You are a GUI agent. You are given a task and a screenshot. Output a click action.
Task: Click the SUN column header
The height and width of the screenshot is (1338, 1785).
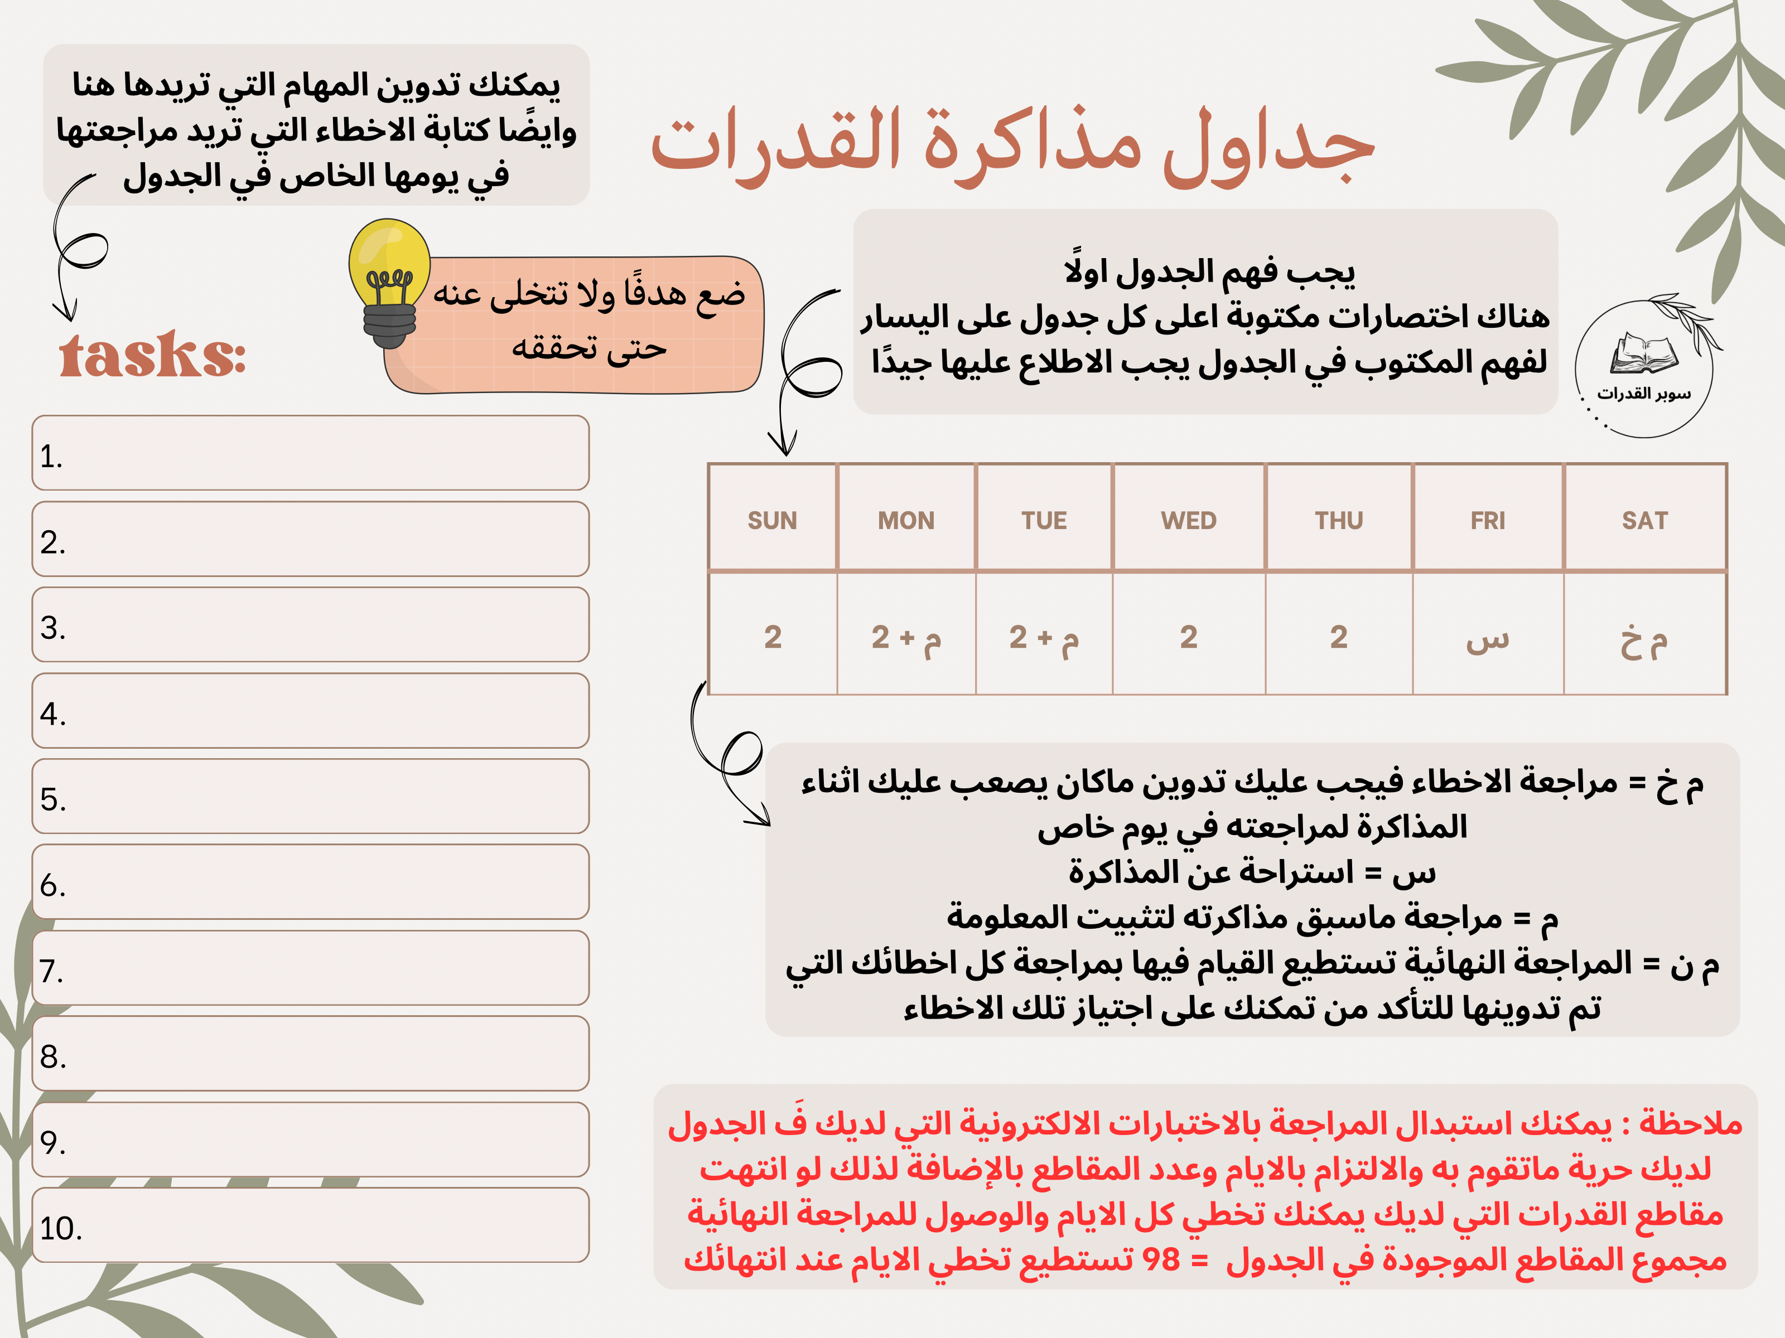pos(771,520)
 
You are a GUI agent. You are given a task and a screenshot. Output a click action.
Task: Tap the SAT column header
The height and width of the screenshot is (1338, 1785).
pos(1644,520)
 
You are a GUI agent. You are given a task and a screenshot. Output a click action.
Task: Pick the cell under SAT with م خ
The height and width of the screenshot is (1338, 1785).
pos(1644,638)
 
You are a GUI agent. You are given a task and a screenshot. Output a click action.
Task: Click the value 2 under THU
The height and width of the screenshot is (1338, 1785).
pos(1339,638)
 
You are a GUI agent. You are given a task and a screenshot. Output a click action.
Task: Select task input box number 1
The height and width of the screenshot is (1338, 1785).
pos(311,453)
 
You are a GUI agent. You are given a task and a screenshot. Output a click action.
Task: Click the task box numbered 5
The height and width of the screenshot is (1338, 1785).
pos(311,796)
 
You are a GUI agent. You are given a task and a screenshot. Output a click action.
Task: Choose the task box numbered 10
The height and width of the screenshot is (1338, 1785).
pos(311,1225)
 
